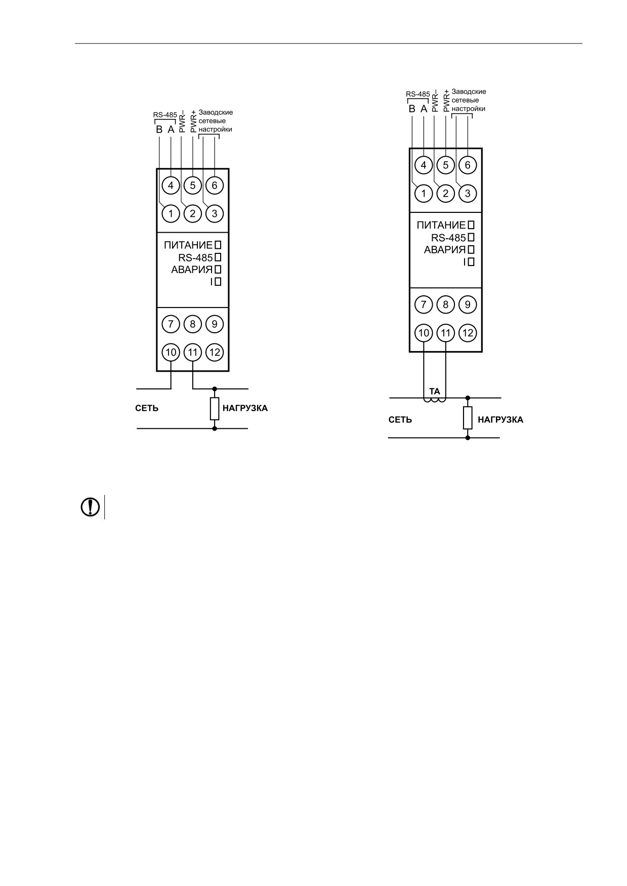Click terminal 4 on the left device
click(x=171, y=185)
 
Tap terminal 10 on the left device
click(x=171, y=352)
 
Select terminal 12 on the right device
click(x=468, y=333)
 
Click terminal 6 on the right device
click(x=468, y=165)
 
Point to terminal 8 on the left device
click(x=193, y=324)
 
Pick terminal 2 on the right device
click(x=446, y=193)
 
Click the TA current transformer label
click(x=435, y=391)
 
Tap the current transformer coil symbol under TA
click(x=435, y=400)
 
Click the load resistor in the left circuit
click(x=215, y=409)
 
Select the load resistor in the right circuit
click(x=468, y=418)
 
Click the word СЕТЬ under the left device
click(x=147, y=408)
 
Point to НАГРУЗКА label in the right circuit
click(x=500, y=420)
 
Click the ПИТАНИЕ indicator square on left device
click(x=218, y=245)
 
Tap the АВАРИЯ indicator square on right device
click(x=471, y=249)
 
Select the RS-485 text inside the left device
click(x=195, y=257)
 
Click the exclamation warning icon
click(x=91, y=507)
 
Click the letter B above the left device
click(x=159, y=129)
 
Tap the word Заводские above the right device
click(x=469, y=92)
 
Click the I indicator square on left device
click(x=218, y=282)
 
